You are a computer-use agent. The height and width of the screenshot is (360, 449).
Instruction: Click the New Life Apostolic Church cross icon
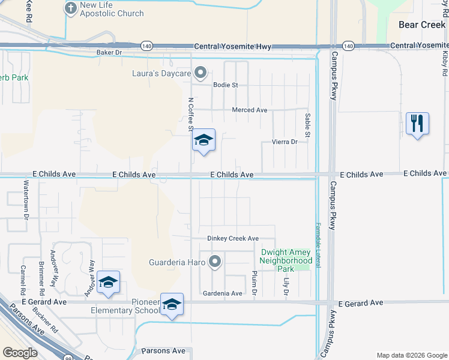coord(70,8)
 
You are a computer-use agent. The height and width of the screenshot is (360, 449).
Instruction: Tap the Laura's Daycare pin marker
coord(201,73)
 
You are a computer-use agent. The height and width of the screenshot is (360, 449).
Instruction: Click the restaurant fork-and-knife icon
coord(417,124)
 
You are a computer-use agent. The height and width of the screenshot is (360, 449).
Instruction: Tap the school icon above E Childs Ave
coord(203,141)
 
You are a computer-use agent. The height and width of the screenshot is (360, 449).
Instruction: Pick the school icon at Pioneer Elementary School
coord(172,305)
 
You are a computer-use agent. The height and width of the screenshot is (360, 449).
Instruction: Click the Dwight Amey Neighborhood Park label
coord(286,261)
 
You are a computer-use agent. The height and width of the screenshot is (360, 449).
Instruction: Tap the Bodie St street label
coord(226,85)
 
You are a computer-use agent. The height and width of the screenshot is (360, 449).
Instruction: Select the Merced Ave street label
coord(250,110)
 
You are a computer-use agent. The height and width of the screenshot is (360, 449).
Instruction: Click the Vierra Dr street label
coord(285,142)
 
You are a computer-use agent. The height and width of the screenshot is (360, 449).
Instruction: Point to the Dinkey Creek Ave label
coord(233,238)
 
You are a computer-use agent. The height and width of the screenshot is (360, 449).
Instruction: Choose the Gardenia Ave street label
coord(222,293)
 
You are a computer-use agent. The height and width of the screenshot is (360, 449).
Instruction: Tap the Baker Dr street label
coord(109,53)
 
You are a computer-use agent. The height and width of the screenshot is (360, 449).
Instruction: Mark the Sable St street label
coord(307,125)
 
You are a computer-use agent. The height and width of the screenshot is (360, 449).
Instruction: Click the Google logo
coord(20,352)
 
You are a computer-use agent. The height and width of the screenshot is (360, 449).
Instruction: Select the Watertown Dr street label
coord(26,199)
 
